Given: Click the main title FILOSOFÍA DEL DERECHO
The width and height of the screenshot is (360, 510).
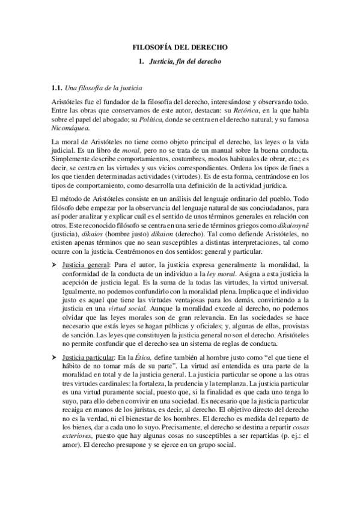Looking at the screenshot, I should [x=180, y=46].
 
